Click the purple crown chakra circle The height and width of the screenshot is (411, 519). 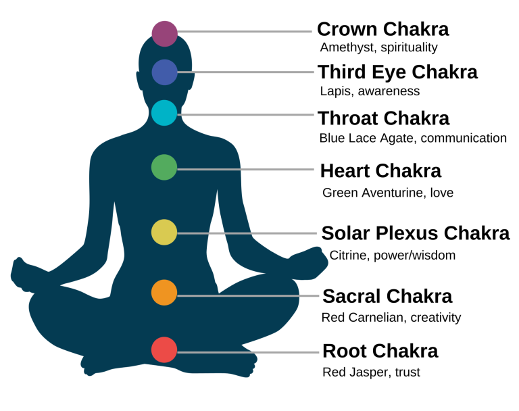164,33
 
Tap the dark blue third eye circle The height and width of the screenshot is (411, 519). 164,72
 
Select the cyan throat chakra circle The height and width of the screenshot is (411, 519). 164,113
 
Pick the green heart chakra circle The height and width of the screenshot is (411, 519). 164,167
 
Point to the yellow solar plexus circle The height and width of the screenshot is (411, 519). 164,232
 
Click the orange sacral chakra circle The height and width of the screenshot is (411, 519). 164,293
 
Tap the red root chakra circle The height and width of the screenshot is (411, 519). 164,350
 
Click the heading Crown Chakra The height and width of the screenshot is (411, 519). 382,29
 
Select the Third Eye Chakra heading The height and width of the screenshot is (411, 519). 397,72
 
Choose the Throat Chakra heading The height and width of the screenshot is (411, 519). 383,118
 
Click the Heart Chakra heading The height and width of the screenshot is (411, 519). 380,171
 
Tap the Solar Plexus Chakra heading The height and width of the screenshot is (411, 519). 415,233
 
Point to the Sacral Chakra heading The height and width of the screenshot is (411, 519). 387,296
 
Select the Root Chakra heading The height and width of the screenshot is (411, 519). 380,352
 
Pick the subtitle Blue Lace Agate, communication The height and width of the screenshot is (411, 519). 413,138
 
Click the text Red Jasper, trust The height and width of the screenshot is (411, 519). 371,372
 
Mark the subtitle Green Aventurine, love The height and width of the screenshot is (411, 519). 387,193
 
